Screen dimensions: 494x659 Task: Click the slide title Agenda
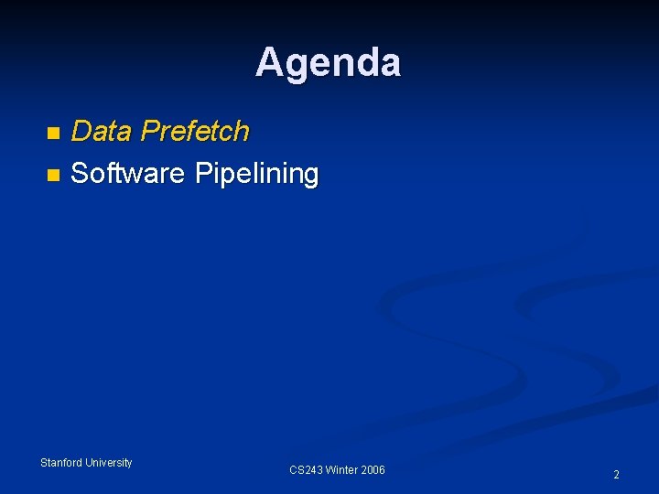pyautogui.click(x=328, y=63)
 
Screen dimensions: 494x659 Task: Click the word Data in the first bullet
pyautogui.click(x=101, y=132)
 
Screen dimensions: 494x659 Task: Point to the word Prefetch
pyautogui.click(x=195, y=132)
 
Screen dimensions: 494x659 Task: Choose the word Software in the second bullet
pyautogui.click(x=127, y=173)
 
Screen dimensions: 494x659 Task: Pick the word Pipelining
pyautogui.click(x=257, y=174)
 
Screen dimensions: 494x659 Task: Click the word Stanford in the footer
pyautogui.click(x=61, y=463)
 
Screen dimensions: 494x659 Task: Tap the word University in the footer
pyautogui.click(x=109, y=463)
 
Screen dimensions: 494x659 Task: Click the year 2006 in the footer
pyautogui.click(x=373, y=470)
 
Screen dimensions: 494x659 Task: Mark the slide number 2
pyautogui.click(x=616, y=475)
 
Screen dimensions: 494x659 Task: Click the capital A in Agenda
pyautogui.click(x=269, y=63)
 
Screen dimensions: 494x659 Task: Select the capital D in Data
pyautogui.click(x=81, y=132)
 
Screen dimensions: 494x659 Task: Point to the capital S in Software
pyautogui.click(x=80, y=173)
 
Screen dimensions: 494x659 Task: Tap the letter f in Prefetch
pyautogui.click(x=193, y=131)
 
